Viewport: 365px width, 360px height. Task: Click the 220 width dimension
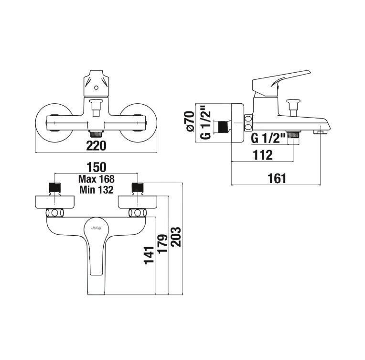point(96,146)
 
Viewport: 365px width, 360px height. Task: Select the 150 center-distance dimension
point(96,167)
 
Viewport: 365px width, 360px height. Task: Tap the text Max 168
point(97,179)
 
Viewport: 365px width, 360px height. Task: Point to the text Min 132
point(97,190)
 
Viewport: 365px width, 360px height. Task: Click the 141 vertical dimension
point(149,255)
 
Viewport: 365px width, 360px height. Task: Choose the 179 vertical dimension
point(162,243)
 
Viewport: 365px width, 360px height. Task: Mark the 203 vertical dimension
point(176,237)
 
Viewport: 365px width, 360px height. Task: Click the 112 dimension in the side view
point(263,155)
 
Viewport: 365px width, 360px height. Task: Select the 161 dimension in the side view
point(277,179)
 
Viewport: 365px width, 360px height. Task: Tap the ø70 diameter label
point(190,121)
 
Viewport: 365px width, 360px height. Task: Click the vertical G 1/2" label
point(205,123)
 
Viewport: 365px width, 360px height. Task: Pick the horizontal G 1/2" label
point(268,139)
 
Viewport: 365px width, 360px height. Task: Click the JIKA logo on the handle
point(96,228)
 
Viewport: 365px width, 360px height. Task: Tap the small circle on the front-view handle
point(96,88)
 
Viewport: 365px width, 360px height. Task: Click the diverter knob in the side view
point(293,108)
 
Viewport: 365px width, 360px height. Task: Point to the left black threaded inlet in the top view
point(54,187)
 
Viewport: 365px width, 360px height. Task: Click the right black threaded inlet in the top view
point(138,187)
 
